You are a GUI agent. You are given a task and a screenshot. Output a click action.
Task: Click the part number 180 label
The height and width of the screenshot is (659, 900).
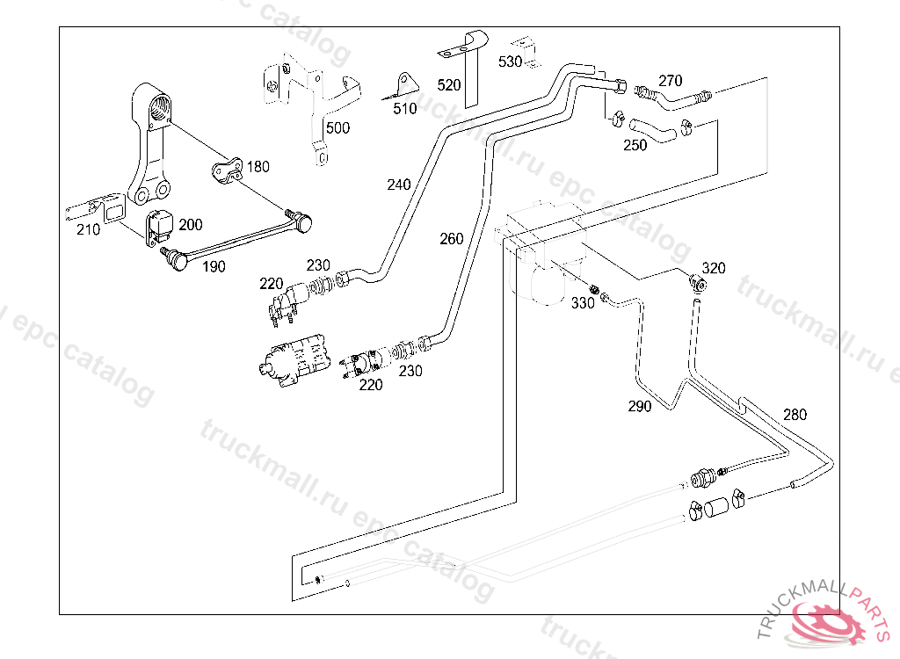point(258,167)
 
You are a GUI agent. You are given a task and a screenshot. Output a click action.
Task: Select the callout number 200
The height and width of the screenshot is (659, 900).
point(190,225)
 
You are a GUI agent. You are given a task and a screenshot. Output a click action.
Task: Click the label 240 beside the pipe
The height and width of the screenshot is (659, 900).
point(398,185)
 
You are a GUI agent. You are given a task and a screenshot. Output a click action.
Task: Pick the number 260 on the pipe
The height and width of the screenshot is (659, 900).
point(451,239)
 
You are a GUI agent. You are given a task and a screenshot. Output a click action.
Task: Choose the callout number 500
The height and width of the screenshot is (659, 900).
point(337,128)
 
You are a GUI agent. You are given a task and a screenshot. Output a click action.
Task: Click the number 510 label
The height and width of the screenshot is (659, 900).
point(405,110)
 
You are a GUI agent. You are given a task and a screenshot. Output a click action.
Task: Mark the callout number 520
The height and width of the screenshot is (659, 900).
point(449,85)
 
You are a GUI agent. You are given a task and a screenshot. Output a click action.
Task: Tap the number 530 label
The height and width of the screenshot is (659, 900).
point(510,62)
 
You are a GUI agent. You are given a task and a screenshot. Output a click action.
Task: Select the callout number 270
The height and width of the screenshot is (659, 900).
point(670,81)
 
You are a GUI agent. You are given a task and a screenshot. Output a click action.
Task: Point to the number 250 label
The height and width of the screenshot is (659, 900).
point(635,146)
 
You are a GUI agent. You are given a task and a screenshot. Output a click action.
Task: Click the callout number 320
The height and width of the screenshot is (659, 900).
point(714,268)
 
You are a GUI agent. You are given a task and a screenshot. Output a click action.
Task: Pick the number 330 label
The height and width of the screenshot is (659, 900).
point(583,303)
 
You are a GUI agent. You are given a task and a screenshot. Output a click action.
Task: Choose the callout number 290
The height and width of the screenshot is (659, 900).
point(640,406)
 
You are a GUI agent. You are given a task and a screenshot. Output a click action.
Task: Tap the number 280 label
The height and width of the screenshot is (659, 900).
point(794,415)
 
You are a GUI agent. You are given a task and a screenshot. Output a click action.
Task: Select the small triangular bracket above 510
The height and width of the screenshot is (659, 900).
point(403,83)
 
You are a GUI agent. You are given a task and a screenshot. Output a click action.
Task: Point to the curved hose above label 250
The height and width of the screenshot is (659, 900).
point(655,129)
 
